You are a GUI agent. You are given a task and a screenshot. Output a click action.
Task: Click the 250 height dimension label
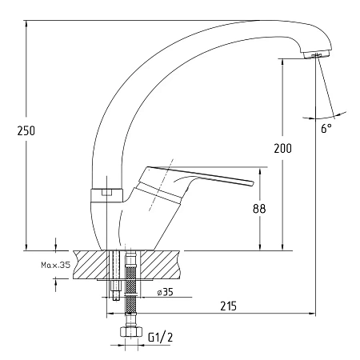[x=26, y=130]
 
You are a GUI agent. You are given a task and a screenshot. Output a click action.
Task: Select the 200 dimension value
[x=283, y=148]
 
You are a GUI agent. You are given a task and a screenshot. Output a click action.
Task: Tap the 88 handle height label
[x=259, y=209]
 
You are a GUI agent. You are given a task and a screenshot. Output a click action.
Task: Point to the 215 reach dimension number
[x=229, y=306]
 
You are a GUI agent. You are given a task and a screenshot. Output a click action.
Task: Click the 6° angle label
[x=326, y=128]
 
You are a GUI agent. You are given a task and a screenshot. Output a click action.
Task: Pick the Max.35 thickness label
[x=56, y=265]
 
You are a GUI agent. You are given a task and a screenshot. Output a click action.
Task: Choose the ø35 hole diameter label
[x=165, y=292]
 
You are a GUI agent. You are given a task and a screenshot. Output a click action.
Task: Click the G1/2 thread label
[x=160, y=338]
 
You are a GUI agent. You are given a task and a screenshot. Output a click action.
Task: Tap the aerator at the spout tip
[x=317, y=55]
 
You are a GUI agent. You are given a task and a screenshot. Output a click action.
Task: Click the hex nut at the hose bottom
[x=130, y=332]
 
